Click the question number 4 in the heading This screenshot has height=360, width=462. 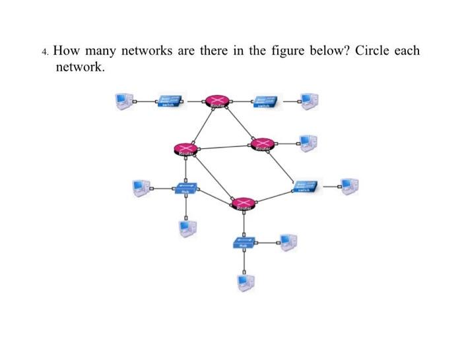pyautogui.click(x=43, y=52)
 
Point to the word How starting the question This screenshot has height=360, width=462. pyautogui.click(x=67, y=51)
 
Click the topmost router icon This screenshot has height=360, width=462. pyautogui.click(x=216, y=101)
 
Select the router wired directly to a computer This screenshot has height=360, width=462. pyautogui.click(x=263, y=144)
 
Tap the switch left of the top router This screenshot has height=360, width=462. pyautogui.click(x=171, y=100)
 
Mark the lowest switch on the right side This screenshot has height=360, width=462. pyautogui.click(x=307, y=186)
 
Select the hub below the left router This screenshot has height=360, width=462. pyautogui.click(x=185, y=189)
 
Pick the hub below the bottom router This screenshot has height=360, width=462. pyautogui.click(x=244, y=244)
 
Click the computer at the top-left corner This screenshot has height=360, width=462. pyautogui.click(x=122, y=100)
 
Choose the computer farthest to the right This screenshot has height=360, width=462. pyautogui.click(x=349, y=186)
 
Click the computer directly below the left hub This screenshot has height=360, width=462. pyautogui.click(x=187, y=227)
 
